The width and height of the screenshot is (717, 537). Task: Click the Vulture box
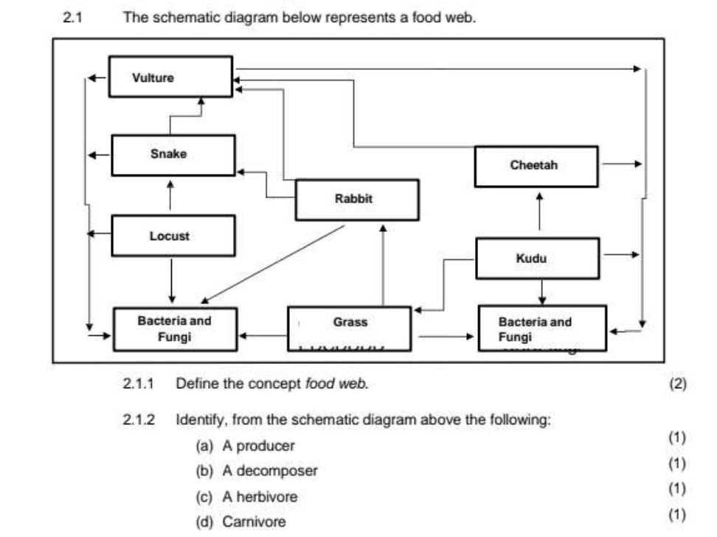170,77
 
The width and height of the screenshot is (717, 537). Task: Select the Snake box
173,155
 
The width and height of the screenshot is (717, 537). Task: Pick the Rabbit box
357,200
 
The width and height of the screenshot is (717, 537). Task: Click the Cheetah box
536,166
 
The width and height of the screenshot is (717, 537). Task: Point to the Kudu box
537,259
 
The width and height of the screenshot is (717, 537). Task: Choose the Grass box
349,329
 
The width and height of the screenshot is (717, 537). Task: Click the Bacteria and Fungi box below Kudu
542,329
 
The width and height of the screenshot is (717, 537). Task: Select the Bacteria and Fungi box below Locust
175,329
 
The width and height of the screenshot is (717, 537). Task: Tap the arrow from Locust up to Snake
170,196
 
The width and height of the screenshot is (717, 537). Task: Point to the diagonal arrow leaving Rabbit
273,264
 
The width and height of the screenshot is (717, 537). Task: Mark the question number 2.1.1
138,384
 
